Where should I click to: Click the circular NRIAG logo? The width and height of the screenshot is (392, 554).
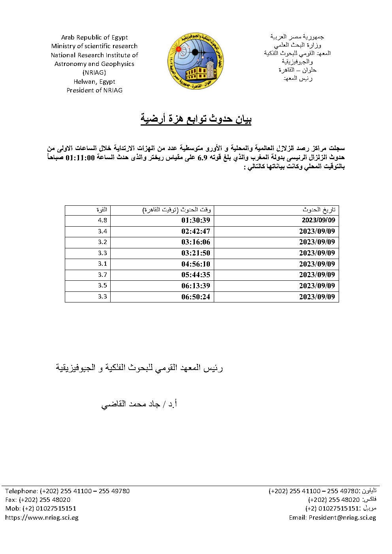tap(195, 61)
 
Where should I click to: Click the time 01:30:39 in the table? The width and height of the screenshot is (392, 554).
tap(196, 220)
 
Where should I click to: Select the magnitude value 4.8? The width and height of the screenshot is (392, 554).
tap(102, 220)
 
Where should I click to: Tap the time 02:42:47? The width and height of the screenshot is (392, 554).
tap(196, 231)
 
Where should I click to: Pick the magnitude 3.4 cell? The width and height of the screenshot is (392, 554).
tap(102, 231)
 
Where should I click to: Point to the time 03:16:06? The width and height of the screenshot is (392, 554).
tap(196, 242)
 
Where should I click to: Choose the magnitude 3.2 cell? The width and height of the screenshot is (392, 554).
tap(102, 242)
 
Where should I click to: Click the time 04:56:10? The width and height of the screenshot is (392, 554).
tap(196, 264)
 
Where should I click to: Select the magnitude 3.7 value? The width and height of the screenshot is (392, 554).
tap(102, 275)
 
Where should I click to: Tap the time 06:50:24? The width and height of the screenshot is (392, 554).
tap(196, 297)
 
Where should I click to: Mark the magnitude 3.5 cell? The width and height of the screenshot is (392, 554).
tap(102, 285)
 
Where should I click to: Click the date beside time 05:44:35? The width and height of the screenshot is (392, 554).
tap(317, 275)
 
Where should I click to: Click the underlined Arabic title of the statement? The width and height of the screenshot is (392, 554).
tap(196, 119)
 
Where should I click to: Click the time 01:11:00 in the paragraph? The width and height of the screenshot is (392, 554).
tap(80, 157)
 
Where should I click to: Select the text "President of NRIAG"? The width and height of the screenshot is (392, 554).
tap(94, 90)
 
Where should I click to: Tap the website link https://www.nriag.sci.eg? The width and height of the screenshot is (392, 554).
tap(42, 518)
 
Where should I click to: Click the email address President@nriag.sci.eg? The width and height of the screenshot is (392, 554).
tap(342, 518)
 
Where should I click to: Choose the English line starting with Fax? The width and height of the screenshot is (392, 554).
tap(38, 500)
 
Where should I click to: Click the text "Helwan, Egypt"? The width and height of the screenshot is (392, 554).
tap(94, 82)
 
